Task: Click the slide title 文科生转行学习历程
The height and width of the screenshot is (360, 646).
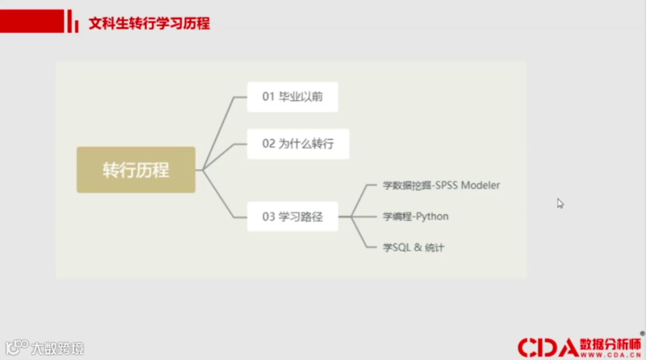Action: [149, 24]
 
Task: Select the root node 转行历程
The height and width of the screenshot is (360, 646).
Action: [136, 170]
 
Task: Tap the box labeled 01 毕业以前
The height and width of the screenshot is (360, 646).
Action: [292, 97]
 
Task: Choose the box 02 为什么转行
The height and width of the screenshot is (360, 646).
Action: [298, 144]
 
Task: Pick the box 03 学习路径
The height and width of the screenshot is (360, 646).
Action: [292, 216]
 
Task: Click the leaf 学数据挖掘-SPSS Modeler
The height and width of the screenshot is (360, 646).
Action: [441, 185]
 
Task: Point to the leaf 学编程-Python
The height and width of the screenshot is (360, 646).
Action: [416, 216]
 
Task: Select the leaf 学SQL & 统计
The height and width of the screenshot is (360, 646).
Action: [413, 248]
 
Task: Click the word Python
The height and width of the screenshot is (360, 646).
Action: [432, 216]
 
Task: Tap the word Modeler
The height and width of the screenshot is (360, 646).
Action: [480, 185]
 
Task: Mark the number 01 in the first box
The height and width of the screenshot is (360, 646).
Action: [268, 97]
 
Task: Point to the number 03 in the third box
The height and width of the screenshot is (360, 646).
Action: [268, 216]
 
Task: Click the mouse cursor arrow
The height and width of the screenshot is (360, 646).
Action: [560, 203]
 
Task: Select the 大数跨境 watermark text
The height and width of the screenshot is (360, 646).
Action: [57, 348]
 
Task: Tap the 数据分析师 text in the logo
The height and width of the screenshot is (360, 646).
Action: [610, 344]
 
